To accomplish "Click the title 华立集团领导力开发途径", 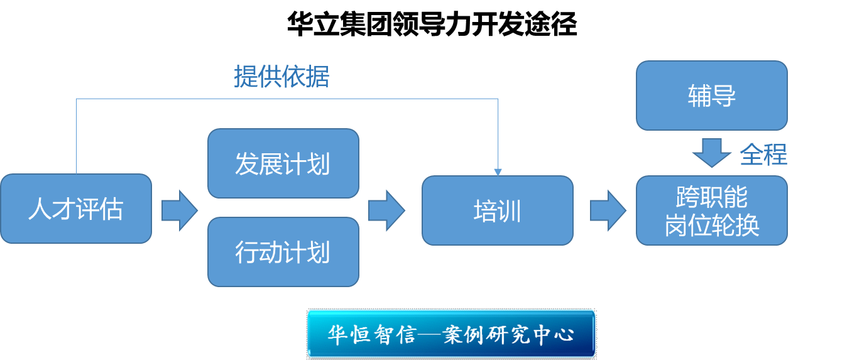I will click(432, 25).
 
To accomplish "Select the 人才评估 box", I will click(75, 209).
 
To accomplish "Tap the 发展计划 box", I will click(283, 164).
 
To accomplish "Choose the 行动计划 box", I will click(283, 252).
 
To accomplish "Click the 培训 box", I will click(497, 210).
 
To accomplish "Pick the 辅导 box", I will click(711, 95).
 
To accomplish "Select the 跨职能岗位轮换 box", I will click(711, 210).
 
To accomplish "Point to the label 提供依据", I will click(281, 77).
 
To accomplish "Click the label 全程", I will click(763, 154).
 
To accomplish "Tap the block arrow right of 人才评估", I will click(179, 210).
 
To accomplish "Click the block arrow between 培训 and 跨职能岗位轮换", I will click(608, 210).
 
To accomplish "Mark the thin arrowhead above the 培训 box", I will click(498, 171).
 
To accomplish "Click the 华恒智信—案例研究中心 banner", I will click(451, 334).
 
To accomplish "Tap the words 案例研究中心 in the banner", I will click(509, 334).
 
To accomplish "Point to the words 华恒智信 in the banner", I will click(371, 334).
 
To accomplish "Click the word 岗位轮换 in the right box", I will click(711, 225).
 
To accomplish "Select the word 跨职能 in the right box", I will click(711, 197).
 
